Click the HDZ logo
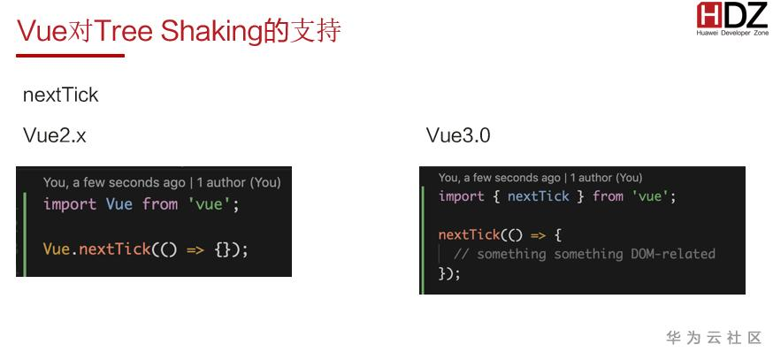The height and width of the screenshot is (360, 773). (731, 18)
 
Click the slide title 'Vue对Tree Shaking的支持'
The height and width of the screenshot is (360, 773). (179, 31)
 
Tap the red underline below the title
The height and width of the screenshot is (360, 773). (71, 56)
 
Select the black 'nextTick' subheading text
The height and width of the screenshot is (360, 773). (60, 96)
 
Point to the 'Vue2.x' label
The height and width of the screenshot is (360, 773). (55, 136)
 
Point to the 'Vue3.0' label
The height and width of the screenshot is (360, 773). (457, 136)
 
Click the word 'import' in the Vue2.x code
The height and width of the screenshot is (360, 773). (70, 204)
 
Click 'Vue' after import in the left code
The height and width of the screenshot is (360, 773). (119, 204)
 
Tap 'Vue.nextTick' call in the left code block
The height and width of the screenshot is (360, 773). (96, 249)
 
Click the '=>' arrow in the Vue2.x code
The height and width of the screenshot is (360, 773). (195, 249)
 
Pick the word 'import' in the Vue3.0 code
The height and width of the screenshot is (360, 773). (461, 196)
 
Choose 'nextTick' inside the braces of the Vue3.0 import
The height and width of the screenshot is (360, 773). (538, 196)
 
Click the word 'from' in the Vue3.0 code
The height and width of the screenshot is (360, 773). (608, 196)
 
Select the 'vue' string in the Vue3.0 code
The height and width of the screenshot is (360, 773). (651, 196)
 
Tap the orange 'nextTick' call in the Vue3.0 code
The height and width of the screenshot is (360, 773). (469, 235)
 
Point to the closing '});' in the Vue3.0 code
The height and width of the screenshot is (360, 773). (449, 273)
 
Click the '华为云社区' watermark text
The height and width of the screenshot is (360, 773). (713, 338)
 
